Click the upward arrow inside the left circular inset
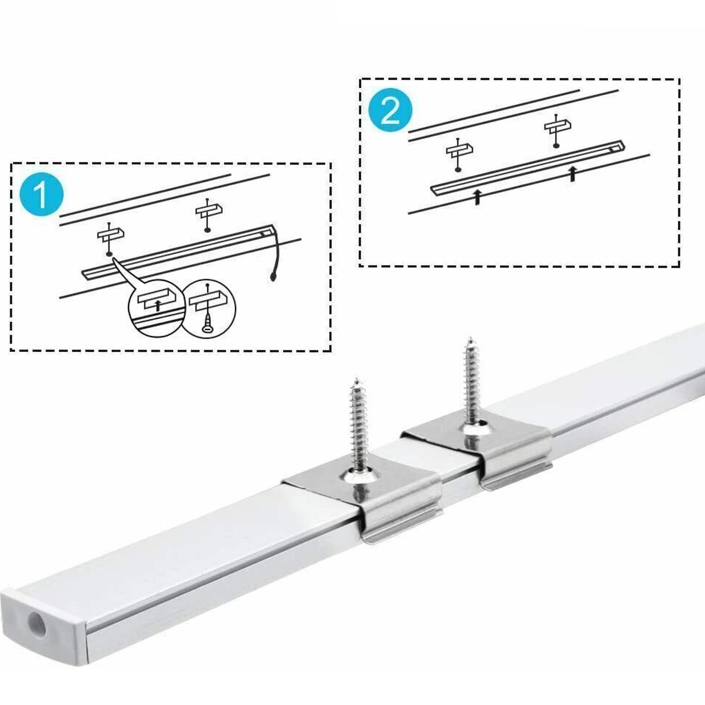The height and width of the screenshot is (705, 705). point(158,305)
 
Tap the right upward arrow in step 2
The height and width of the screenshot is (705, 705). point(573,173)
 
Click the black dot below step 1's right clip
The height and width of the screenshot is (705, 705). point(207,230)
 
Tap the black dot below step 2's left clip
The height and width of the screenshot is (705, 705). point(457,169)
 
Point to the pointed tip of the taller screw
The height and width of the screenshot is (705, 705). point(470,337)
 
